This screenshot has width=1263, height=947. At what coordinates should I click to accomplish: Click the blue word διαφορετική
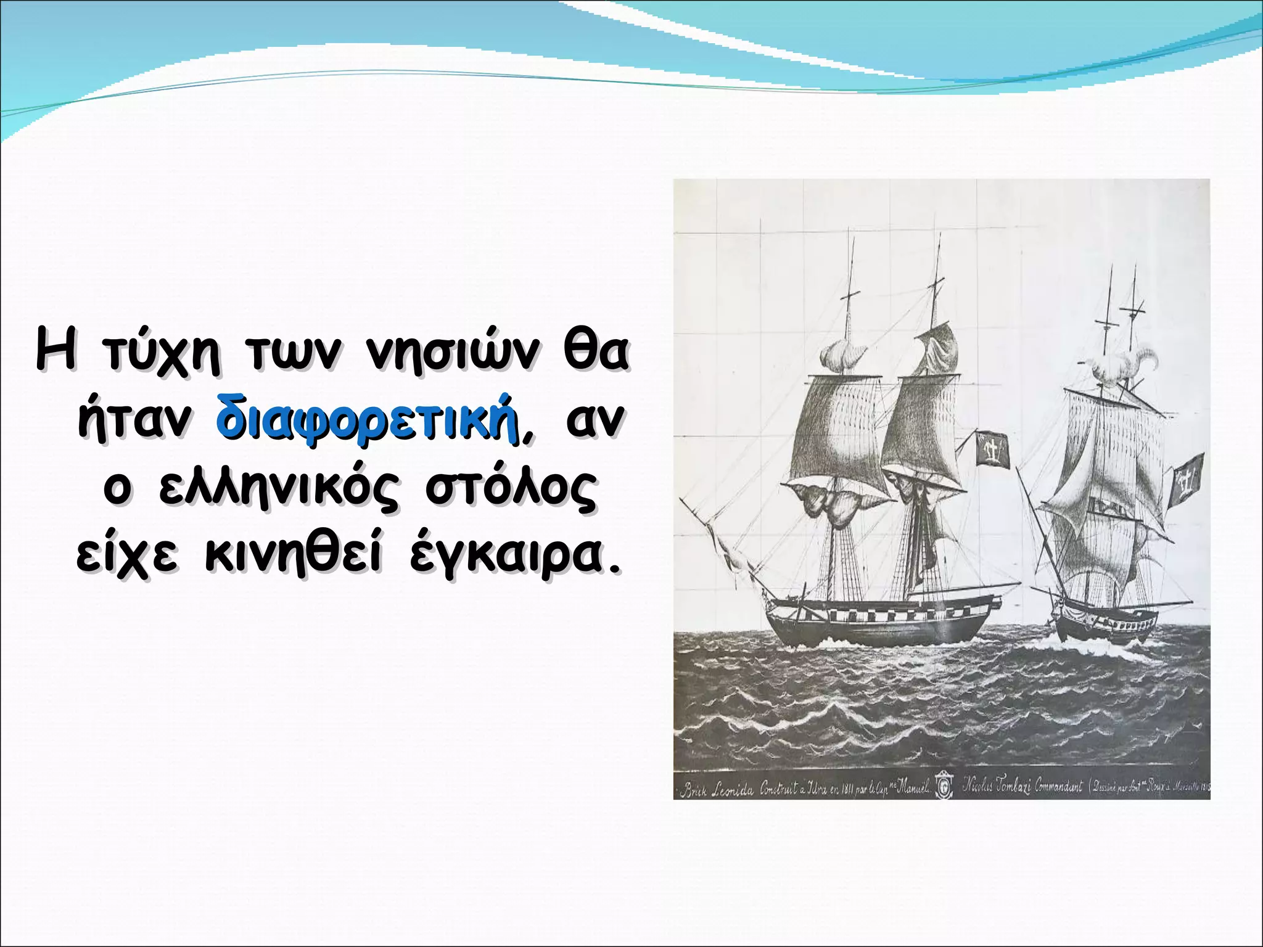click(x=368, y=417)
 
